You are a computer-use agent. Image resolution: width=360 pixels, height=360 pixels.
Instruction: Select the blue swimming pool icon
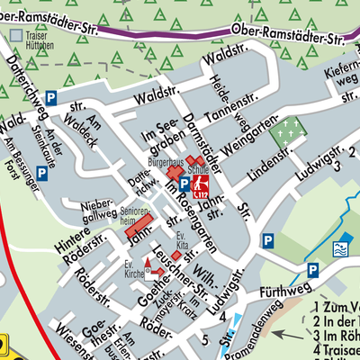pos(341,248)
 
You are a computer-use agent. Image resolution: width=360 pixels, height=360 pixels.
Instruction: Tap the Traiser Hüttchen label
pos(32,40)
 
